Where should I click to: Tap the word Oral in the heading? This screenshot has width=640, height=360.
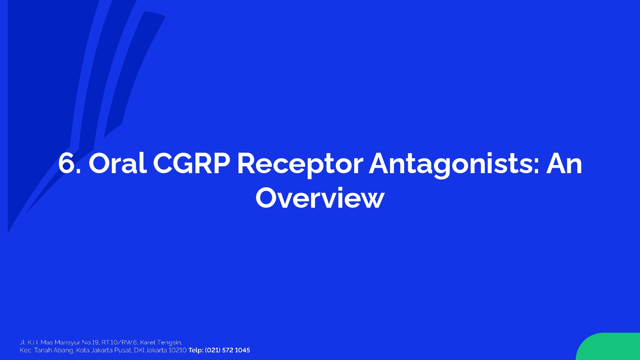coord(118,163)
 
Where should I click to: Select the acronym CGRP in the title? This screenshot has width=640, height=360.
coord(192,163)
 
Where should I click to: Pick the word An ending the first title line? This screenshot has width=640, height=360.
coord(564,164)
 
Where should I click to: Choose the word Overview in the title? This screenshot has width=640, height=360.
coord(320,198)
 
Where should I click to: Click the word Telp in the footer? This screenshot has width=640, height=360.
coord(195,350)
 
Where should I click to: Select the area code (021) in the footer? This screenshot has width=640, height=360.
coord(212,350)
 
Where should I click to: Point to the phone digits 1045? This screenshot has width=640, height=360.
coord(242,350)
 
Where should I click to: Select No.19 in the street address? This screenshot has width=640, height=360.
coord(90,342)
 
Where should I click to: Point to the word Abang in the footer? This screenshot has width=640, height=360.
coord(64,351)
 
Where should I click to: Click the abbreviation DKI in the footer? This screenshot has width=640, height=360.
coord(138,350)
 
